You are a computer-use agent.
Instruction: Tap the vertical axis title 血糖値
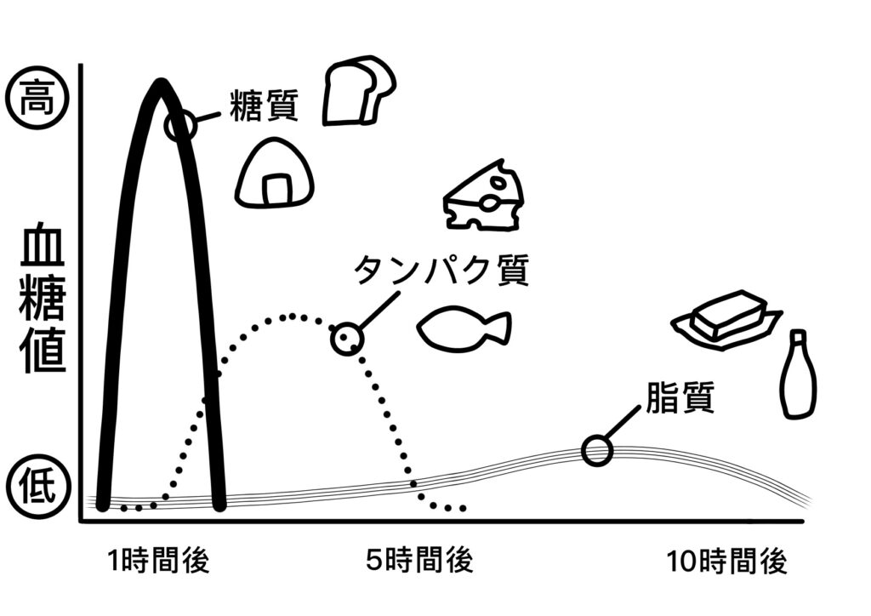coord(43,298)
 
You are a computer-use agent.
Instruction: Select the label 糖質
coord(264,106)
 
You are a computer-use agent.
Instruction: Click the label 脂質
coord(680,398)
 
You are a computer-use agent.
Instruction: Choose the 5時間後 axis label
coord(419,562)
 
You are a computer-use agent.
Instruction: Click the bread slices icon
coord(359,91)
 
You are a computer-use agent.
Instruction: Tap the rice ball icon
coord(276,174)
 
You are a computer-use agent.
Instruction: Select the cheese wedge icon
coord(484,197)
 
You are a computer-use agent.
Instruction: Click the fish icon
coord(464,329)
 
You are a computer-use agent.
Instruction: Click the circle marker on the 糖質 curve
coord(179,126)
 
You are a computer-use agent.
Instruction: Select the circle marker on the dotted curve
coord(346,339)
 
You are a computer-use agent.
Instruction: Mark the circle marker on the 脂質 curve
coord(597,450)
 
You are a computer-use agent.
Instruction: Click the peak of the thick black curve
coord(160,84)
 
